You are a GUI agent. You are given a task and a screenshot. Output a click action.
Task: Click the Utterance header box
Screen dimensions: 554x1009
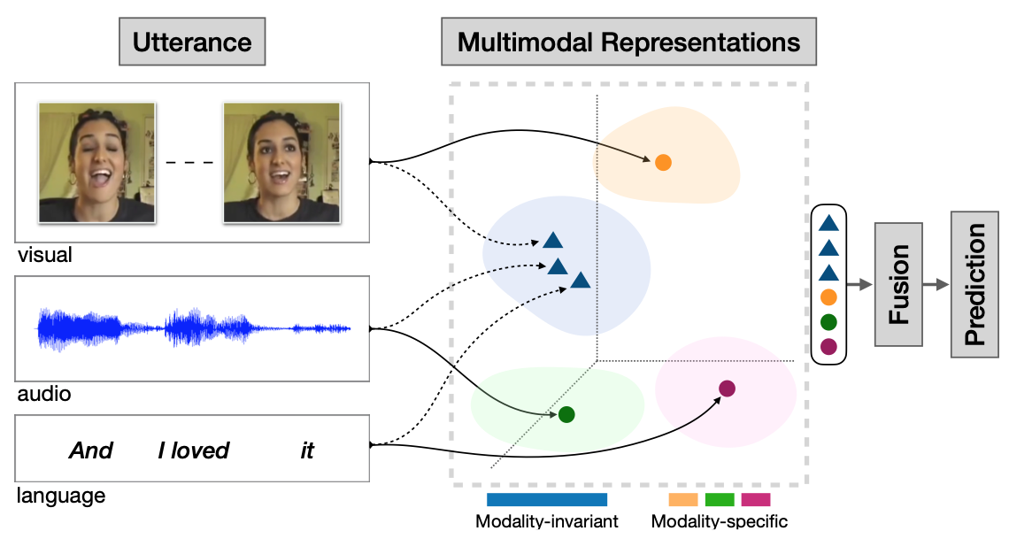point(192,42)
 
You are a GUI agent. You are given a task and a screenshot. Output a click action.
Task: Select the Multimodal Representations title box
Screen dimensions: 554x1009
point(628,42)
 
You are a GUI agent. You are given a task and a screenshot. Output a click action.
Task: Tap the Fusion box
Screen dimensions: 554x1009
point(898,285)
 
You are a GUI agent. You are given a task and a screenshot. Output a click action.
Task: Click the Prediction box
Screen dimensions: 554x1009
point(974,284)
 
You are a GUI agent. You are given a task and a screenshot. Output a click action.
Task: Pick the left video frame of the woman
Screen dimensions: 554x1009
point(96,162)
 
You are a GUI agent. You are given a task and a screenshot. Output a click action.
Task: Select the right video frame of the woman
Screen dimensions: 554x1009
point(281,162)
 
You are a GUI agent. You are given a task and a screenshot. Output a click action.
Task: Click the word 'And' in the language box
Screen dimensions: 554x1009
point(91,450)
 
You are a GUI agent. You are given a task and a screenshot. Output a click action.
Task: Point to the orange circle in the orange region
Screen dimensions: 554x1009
point(663,162)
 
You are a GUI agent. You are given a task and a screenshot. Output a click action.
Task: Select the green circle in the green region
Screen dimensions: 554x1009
point(566,413)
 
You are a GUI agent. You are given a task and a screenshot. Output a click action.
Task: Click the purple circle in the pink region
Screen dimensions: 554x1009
point(727,388)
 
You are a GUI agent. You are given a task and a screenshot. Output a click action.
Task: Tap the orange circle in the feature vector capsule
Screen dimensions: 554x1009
point(828,297)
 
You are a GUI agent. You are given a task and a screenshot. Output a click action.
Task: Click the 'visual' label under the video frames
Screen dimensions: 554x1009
point(44,256)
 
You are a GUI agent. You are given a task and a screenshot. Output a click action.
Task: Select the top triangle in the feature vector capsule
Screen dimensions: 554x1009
point(828,225)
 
